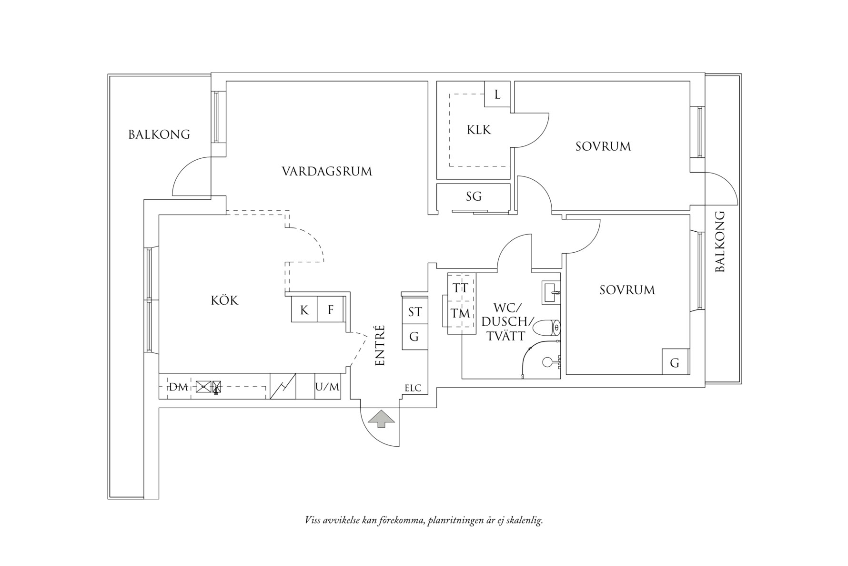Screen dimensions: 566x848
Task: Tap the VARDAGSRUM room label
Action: [x=326, y=171]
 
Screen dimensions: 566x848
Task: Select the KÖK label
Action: [x=224, y=300]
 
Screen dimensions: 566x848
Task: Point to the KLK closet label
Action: [x=479, y=130]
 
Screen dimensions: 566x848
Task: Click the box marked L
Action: [x=497, y=94]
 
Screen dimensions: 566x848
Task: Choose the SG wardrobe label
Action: [x=474, y=196]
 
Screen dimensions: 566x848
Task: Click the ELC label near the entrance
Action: [x=413, y=388]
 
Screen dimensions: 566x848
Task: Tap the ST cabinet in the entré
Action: [x=415, y=312]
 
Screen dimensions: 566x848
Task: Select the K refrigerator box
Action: [x=304, y=310]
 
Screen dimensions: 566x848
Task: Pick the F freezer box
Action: [x=331, y=310]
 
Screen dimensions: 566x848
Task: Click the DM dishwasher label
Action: [x=179, y=387]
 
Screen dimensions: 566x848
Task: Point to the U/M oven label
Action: [x=327, y=387]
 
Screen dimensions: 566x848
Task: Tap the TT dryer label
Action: [x=461, y=288]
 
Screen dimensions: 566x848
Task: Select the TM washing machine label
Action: [x=461, y=314]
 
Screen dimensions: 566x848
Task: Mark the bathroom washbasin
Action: [x=551, y=292]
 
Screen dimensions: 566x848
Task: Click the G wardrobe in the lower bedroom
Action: [x=675, y=363]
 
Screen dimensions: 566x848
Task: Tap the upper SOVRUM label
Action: [x=603, y=146]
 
